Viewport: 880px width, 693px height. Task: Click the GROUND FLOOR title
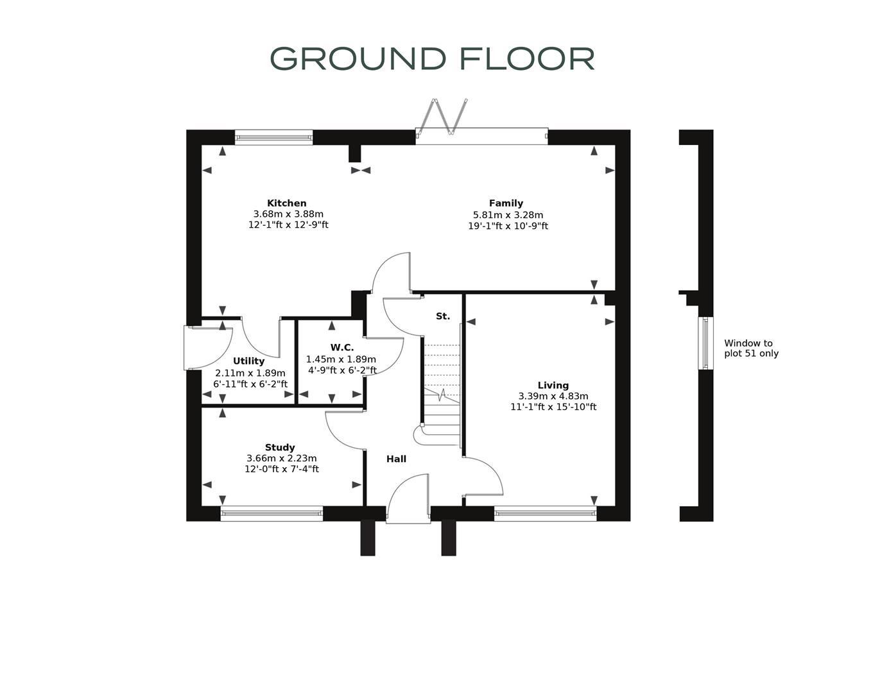tap(432, 58)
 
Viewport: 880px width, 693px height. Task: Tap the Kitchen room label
tap(287, 203)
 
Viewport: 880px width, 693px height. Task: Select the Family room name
tap(506, 203)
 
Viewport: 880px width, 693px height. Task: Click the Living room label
tap(553, 386)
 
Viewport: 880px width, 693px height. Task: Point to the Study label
tap(280, 448)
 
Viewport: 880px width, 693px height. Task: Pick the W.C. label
tap(342, 348)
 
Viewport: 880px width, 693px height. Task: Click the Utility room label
tap(248, 361)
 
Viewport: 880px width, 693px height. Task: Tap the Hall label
tap(396, 459)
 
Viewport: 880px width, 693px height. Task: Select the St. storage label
tap(443, 316)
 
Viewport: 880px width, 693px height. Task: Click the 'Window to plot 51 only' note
tap(751, 348)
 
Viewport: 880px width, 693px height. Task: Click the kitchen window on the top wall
tap(273, 137)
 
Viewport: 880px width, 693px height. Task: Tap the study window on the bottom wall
tap(272, 513)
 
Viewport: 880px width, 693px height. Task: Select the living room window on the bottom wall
tap(545, 513)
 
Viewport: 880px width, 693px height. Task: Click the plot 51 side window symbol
tap(705, 343)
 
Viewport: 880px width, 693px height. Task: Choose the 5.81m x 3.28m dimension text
tap(508, 215)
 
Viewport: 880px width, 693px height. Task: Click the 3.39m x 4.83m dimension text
tap(553, 397)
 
